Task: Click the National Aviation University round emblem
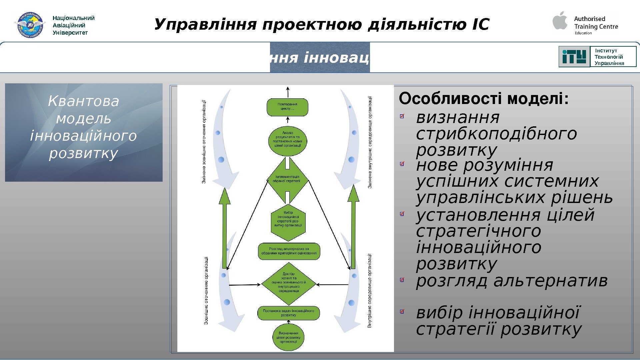click(30, 25)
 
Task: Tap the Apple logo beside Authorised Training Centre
click(560, 21)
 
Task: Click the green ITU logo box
click(574, 57)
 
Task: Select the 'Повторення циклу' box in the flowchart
click(287, 107)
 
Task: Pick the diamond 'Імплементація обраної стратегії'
click(287, 180)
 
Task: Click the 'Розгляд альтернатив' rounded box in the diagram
click(289, 251)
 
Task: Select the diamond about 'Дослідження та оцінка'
click(288, 284)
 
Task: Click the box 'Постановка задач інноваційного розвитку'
click(288, 313)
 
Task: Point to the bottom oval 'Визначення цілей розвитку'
click(288, 337)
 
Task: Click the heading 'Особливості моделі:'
click(484, 99)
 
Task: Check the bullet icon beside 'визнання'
click(402, 116)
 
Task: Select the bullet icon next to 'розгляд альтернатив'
click(402, 280)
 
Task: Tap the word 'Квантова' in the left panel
click(83, 101)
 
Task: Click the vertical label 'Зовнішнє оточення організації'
click(206, 290)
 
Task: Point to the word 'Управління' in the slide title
click(205, 25)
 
